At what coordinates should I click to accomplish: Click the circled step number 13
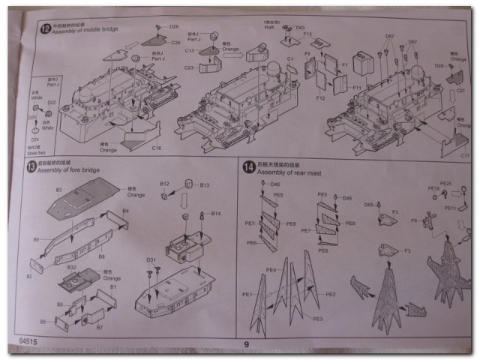pyautogui.click(x=31, y=167)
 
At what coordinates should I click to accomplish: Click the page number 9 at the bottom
pyautogui.click(x=244, y=344)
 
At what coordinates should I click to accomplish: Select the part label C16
pyautogui.click(x=157, y=148)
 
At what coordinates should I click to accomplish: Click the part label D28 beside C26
pyautogui.click(x=174, y=27)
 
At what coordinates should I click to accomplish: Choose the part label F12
pyautogui.click(x=320, y=98)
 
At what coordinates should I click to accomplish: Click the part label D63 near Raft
pyautogui.click(x=300, y=27)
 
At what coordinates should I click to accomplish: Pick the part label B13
pyautogui.click(x=204, y=184)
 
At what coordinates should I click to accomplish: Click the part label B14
pyautogui.click(x=216, y=214)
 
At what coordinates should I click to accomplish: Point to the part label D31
pyautogui.click(x=151, y=259)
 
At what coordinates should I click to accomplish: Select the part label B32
pyautogui.click(x=71, y=267)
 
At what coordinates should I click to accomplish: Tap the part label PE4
pyautogui.click(x=270, y=269)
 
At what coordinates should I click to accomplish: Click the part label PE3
pyautogui.click(x=318, y=319)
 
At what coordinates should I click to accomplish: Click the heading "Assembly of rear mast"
pyautogui.click(x=289, y=173)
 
